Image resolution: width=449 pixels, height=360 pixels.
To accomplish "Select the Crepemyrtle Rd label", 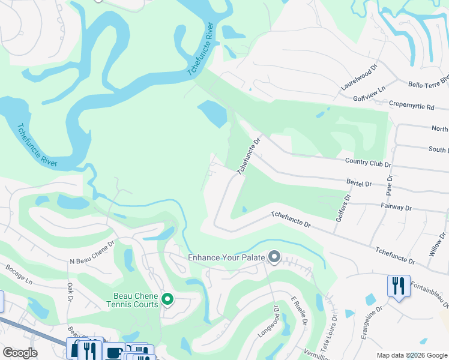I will [411, 106].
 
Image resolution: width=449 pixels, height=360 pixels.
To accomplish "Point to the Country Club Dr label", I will [368, 162].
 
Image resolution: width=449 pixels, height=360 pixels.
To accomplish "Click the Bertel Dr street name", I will [360, 182].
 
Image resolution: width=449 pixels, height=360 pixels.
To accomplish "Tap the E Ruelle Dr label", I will [299, 312].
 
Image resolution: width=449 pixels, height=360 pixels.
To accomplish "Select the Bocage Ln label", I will [18, 275].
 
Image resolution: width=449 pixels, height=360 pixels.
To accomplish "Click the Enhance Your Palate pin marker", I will [274, 257].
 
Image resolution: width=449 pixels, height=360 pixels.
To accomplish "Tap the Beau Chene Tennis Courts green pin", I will [167, 299].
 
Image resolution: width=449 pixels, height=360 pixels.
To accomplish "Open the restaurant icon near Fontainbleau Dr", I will [399, 286].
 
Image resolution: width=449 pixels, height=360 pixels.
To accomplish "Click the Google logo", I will [20, 353].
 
